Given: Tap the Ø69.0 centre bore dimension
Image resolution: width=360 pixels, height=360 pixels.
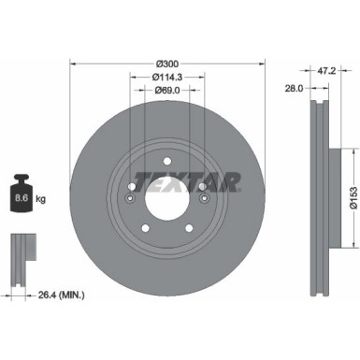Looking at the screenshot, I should [x=166, y=91].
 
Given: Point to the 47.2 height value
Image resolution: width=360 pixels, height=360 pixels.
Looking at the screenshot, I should [x=326, y=69].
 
